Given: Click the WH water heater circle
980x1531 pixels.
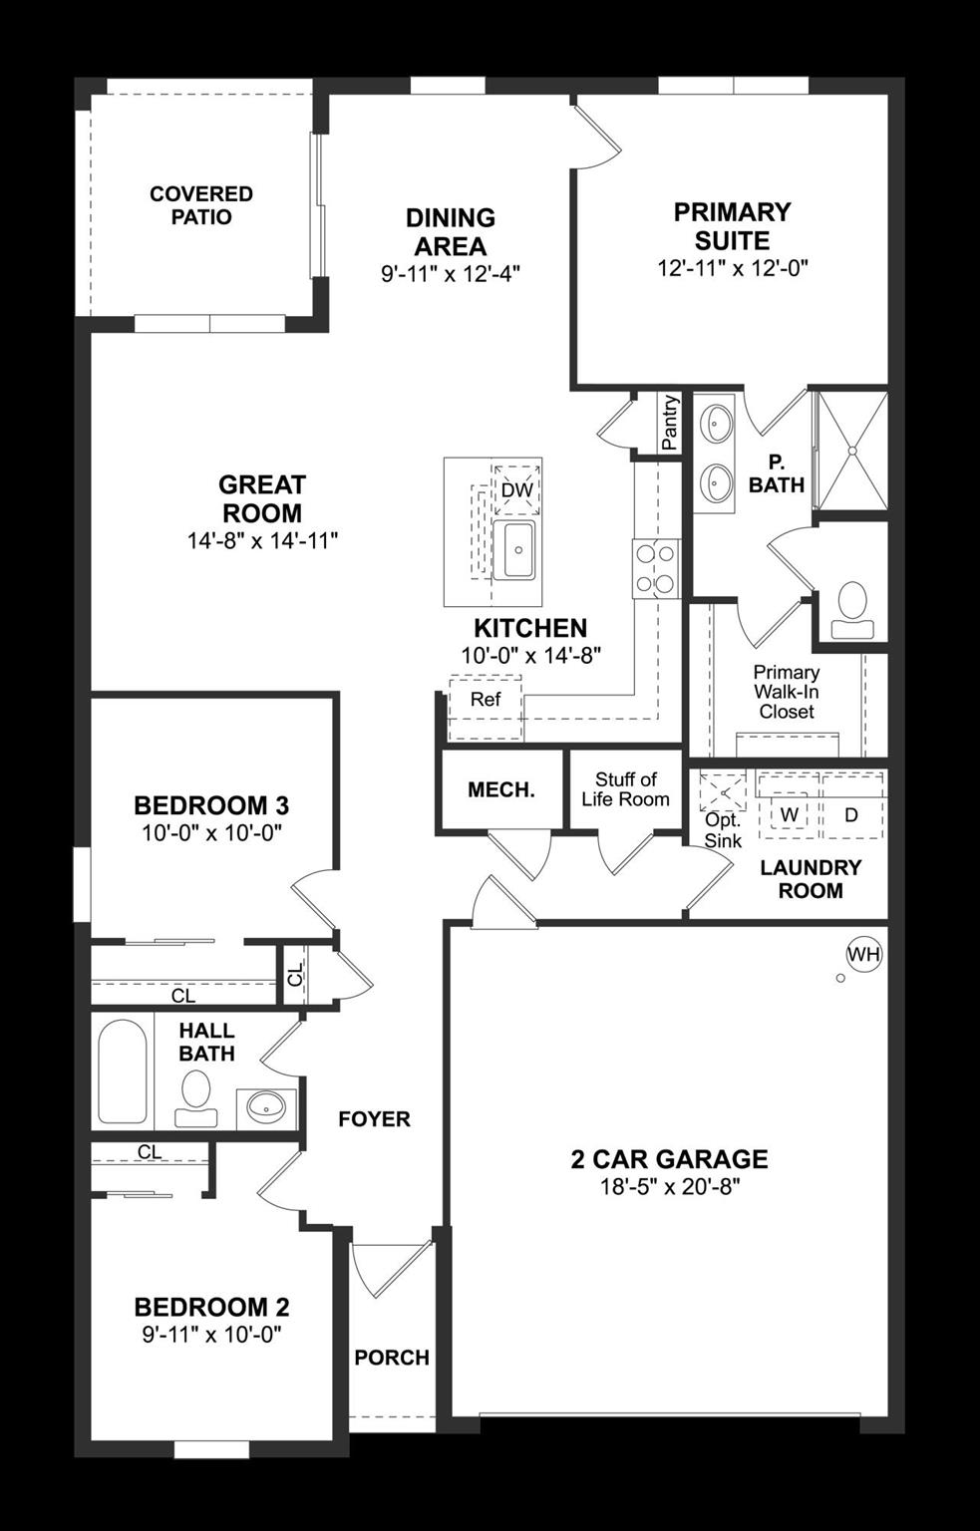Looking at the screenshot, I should point(864,955).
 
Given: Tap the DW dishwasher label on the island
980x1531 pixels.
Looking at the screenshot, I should point(516,490).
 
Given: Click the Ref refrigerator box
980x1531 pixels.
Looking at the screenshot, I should point(486,700).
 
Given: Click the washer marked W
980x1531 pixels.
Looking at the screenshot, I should point(790,814).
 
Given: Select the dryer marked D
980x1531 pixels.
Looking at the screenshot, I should point(851,814).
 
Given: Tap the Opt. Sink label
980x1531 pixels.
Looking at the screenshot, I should point(723,829).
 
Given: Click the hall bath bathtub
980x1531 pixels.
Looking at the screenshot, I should point(123,1072).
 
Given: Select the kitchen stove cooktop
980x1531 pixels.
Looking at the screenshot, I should point(655,567).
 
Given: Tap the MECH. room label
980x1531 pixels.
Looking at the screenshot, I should point(501,790).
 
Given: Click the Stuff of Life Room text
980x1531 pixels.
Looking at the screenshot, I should point(626,789).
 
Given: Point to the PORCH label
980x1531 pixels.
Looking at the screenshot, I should point(392,1358).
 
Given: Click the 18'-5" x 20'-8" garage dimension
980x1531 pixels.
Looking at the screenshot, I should point(669,1187).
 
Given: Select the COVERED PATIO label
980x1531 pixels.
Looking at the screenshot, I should point(201,205).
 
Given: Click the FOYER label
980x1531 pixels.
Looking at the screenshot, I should point(374,1119).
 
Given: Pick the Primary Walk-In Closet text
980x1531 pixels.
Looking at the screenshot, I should point(787,692).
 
